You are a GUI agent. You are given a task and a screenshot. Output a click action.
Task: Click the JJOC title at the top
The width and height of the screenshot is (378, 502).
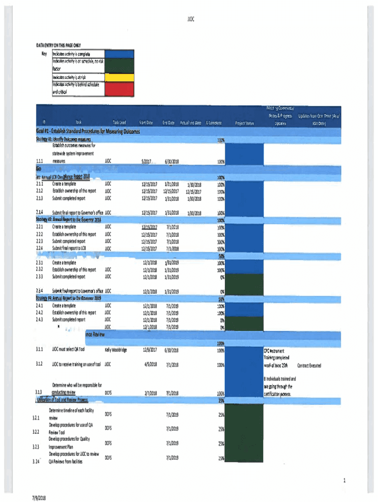click(x=191, y=20)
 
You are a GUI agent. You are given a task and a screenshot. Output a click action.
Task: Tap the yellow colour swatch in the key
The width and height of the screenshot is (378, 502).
click(x=119, y=77)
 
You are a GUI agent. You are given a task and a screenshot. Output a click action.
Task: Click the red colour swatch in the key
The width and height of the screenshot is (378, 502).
click(x=119, y=89)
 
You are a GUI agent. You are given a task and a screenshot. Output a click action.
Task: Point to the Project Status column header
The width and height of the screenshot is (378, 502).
click(x=244, y=124)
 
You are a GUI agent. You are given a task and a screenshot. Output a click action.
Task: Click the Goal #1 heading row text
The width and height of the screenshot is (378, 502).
click(x=88, y=132)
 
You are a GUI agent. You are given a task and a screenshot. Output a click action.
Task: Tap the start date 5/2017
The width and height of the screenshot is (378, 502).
click(x=146, y=161)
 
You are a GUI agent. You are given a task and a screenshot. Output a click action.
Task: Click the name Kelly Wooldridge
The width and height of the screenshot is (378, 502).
click(x=116, y=350)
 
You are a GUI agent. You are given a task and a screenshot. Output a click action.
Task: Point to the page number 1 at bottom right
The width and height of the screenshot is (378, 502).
click(x=345, y=480)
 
